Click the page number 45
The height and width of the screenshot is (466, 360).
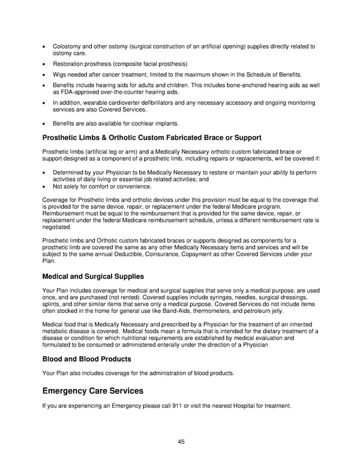click(181, 441)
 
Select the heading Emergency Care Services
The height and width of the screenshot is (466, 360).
click(93, 391)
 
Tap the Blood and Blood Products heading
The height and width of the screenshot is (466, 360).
click(86, 359)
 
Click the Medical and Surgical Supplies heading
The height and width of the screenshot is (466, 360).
click(93, 277)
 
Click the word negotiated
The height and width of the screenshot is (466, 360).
click(56, 228)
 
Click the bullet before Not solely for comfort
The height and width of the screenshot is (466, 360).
click(45, 186)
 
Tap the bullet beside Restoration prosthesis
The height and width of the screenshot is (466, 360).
click(45, 64)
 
